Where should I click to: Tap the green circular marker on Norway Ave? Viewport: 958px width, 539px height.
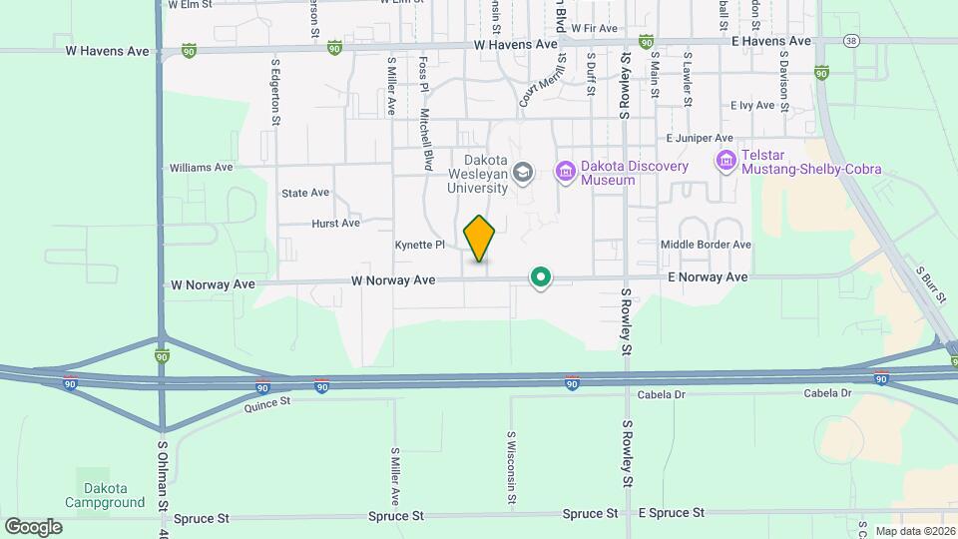coord(541,276)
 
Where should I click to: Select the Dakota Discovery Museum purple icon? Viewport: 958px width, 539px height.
coord(566,173)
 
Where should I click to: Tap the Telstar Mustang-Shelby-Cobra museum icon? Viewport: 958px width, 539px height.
coord(726,160)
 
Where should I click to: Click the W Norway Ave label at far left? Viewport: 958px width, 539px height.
coord(213,284)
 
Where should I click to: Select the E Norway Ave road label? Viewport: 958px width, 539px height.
coord(709,276)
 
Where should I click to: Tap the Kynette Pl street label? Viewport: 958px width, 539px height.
coord(419,245)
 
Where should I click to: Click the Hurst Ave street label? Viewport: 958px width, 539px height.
coord(335,224)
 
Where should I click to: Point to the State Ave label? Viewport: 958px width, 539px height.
coord(304,193)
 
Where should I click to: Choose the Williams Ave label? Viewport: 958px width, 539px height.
coord(203,168)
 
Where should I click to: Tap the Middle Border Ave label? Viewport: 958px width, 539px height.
coord(706,245)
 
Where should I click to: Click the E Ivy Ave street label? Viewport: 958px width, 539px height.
coord(752,105)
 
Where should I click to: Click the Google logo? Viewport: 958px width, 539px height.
coord(33,526)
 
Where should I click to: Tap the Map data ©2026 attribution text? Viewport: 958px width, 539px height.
coord(913,530)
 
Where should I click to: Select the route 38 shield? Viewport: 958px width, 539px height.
coord(850,41)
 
